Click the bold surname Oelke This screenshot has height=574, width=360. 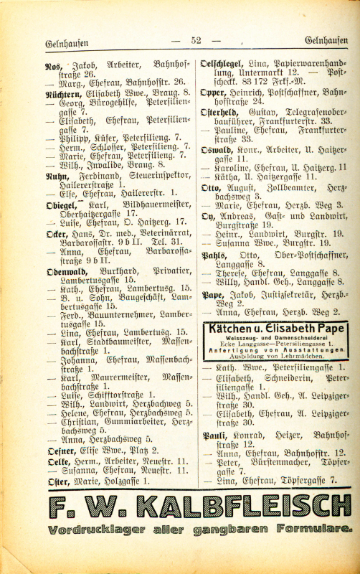[57, 461]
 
